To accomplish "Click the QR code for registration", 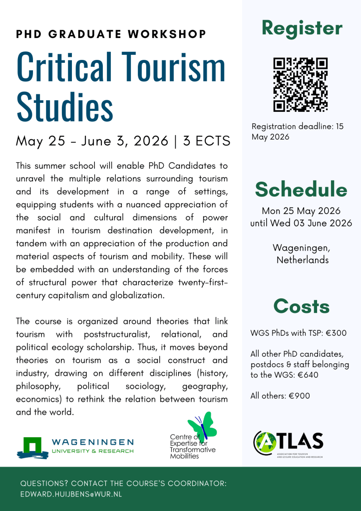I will pos(301,84).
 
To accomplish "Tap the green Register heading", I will pos(302,28).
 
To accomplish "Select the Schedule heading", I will pos(301,190).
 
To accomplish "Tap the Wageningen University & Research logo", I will pos(75,447).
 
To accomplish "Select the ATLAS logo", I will pos(288,442).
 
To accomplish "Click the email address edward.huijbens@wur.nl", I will pos(71,495).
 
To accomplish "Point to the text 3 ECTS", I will pos(206,141).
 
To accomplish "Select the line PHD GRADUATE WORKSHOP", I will pos(111,34).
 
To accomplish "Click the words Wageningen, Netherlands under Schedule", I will pos(301,254).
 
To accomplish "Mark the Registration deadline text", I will pos(297,132).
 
